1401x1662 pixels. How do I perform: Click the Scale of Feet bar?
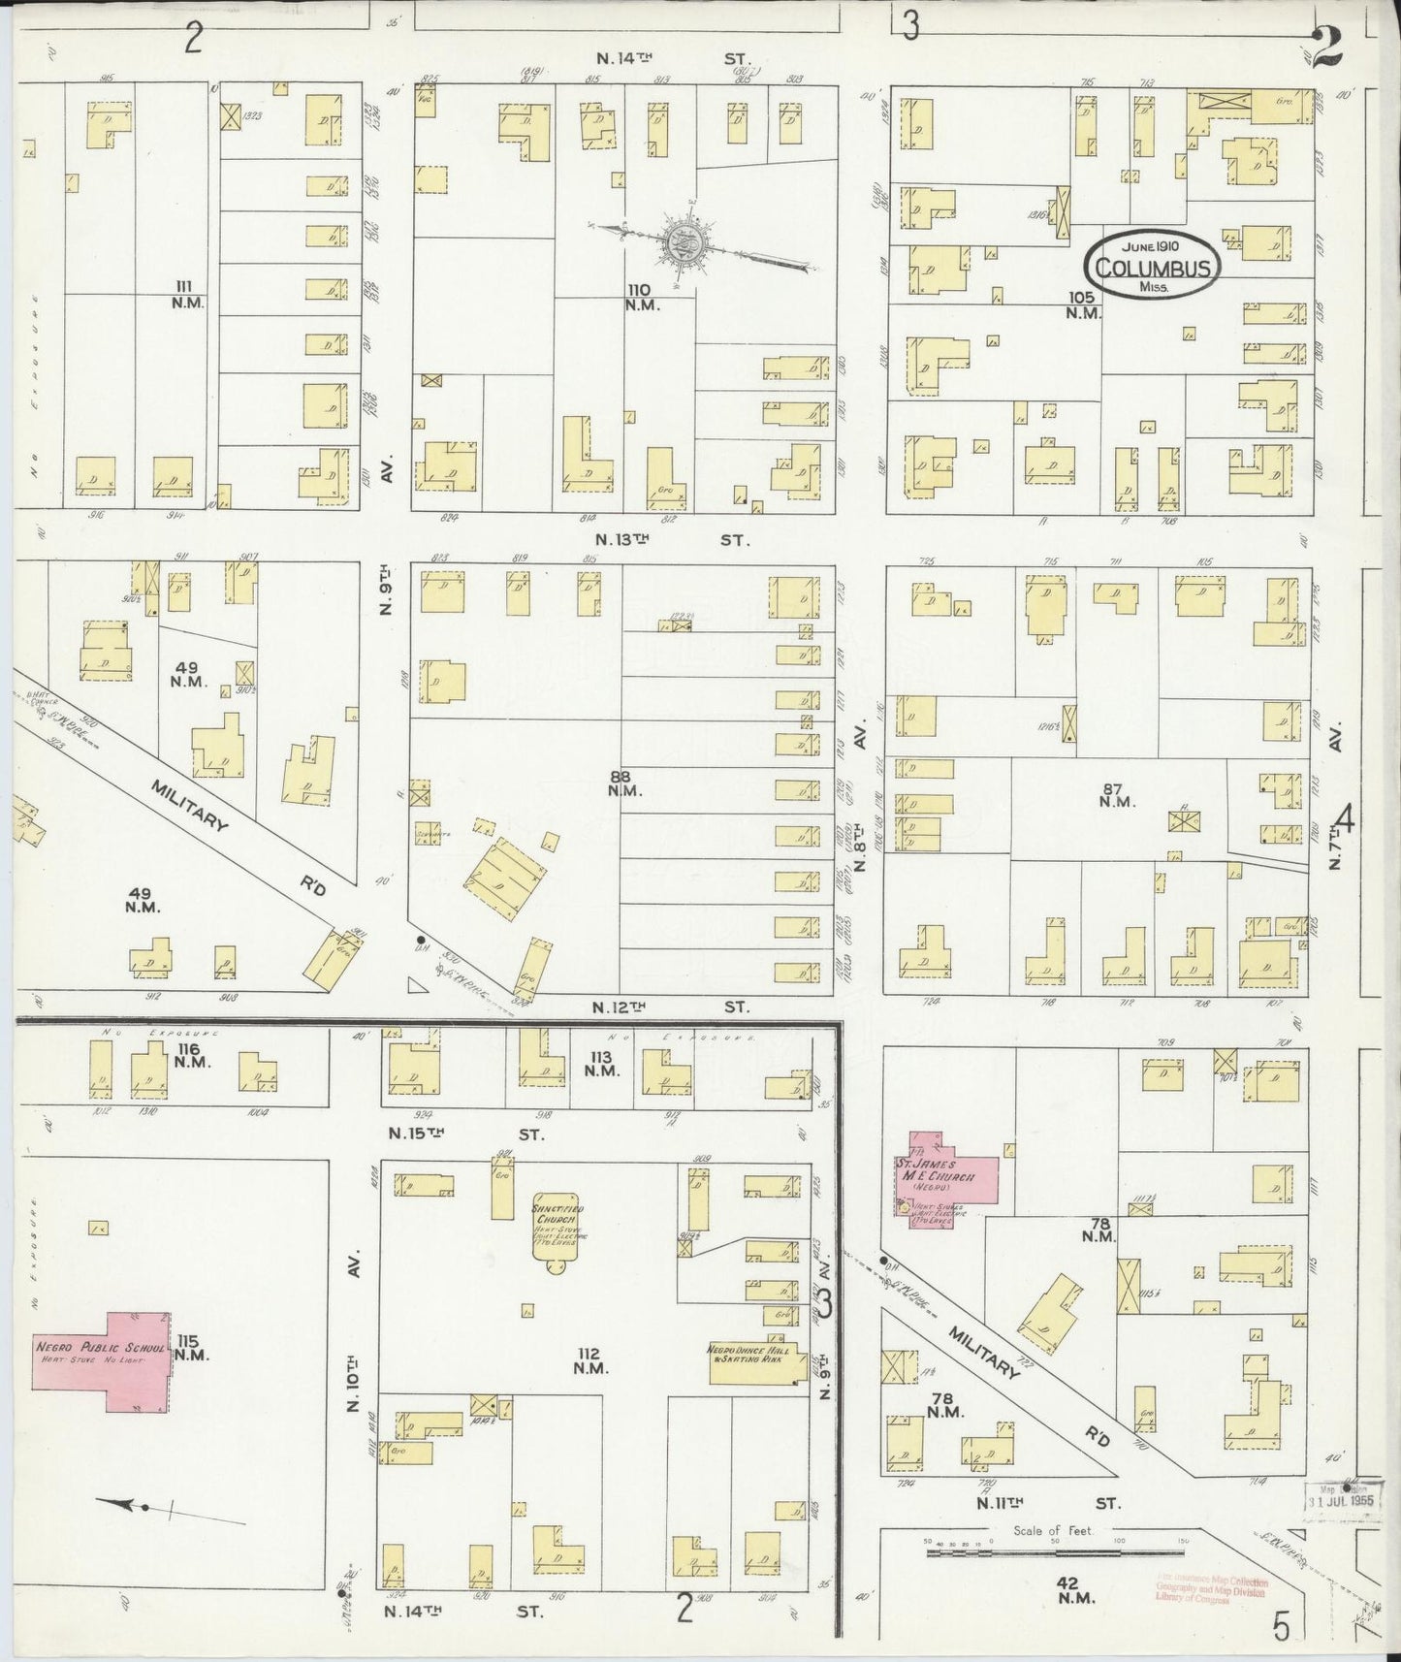coord(1052,1548)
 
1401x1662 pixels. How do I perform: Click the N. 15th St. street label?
coord(465,1133)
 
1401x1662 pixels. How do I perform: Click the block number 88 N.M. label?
coord(621,783)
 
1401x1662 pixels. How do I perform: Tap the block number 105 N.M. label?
coord(1082,304)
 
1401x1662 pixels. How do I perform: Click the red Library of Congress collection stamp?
coord(1211,1589)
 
